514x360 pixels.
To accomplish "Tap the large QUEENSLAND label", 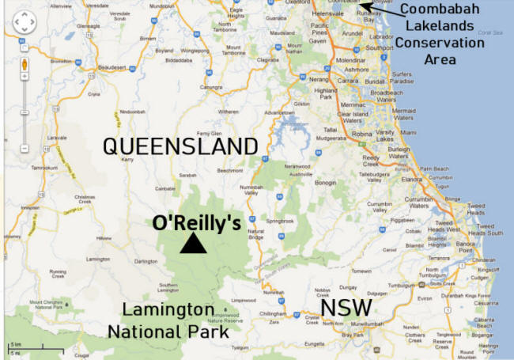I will (182, 146).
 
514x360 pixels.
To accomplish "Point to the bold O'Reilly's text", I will (198, 223).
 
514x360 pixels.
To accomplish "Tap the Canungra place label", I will (210, 87).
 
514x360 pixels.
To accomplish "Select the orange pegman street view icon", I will (24, 63).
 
